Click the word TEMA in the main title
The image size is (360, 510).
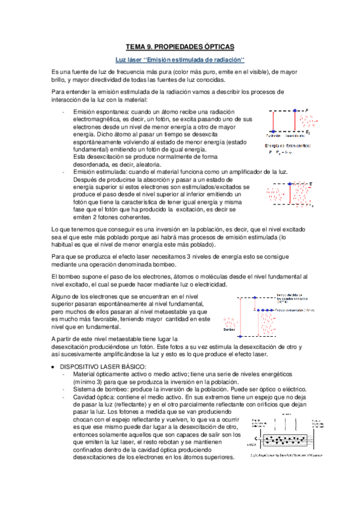tap(136, 46)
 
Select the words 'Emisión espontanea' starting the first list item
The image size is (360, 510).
tap(100, 112)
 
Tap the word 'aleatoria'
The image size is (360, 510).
tap(144, 164)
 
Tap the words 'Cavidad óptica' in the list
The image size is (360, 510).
tap(93, 398)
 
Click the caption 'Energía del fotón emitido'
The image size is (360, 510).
tap(287, 145)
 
